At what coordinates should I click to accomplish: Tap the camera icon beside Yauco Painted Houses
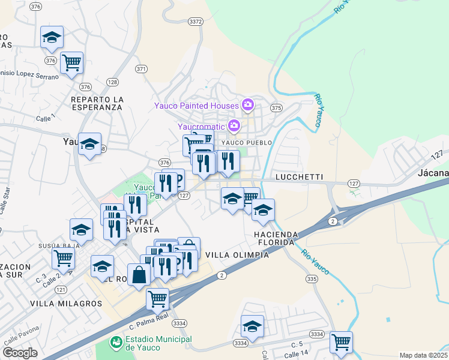coord(247,106)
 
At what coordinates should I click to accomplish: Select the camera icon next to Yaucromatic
coord(234,126)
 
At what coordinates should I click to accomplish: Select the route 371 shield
coord(141,69)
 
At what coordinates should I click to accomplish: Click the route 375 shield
coord(276,108)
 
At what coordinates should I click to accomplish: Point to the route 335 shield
coord(311,279)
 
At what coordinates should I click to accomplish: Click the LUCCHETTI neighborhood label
coord(299,178)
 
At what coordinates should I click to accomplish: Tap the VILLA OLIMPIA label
coord(237,254)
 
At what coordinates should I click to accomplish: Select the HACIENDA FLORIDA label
coord(274,238)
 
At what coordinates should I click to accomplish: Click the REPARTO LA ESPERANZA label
coord(96,103)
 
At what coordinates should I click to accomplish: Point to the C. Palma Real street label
coord(149,318)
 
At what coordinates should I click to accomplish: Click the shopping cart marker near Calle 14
coord(341,343)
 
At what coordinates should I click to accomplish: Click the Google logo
coord(20,353)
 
